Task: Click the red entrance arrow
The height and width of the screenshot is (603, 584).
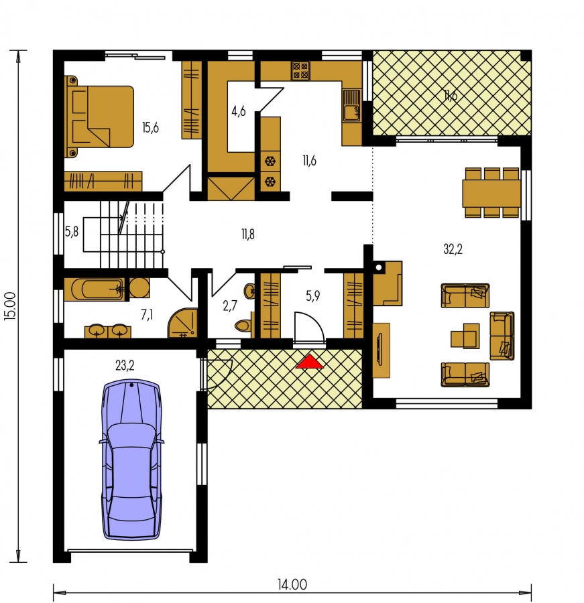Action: click(x=310, y=362)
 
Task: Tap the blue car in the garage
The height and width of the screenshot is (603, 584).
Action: click(x=131, y=460)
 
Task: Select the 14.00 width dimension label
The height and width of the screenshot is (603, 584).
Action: click(x=292, y=585)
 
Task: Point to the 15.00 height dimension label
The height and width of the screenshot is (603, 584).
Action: click(x=11, y=306)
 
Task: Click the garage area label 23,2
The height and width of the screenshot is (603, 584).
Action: click(x=125, y=365)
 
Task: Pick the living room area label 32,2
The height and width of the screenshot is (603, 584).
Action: click(x=453, y=249)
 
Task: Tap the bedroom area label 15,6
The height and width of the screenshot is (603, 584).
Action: click(x=150, y=128)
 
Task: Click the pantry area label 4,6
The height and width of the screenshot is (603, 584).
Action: click(x=238, y=111)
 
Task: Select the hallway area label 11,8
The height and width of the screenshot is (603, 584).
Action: click(x=248, y=234)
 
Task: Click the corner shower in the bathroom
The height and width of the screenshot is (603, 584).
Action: click(x=183, y=324)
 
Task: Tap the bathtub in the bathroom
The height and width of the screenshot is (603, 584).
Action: click(x=95, y=289)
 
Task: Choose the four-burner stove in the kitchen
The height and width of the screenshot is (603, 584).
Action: click(x=300, y=71)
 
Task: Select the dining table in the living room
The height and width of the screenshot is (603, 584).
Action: click(x=491, y=193)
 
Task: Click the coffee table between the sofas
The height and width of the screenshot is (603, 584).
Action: click(x=465, y=336)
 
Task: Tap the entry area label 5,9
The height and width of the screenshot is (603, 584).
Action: click(x=312, y=295)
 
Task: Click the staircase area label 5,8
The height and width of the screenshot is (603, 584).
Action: click(x=72, y=232)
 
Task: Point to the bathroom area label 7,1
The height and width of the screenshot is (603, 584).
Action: click(x=147, y=315)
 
